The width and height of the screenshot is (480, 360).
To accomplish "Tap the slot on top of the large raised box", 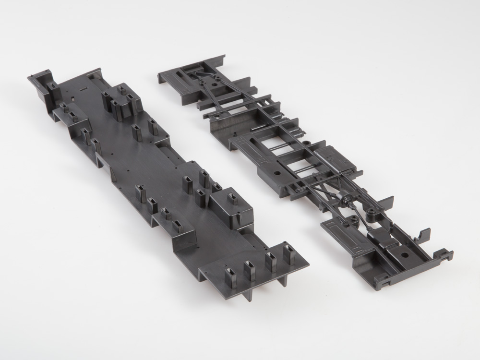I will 231,198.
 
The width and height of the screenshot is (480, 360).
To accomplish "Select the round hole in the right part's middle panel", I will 278,171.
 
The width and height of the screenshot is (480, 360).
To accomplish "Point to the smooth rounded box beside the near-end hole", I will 379,238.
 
